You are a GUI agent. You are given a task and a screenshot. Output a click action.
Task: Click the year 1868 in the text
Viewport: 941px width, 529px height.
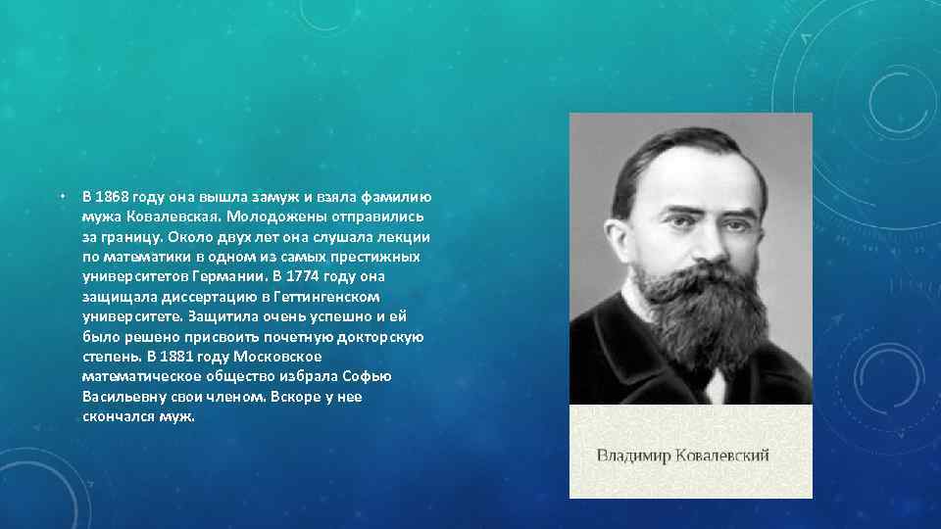113,196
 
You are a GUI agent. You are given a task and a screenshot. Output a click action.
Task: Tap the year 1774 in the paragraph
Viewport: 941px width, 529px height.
322,275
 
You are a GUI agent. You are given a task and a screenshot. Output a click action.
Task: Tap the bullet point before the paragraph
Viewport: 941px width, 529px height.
61,196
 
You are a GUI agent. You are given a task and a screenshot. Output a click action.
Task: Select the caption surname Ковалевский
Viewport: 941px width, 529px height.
725,455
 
